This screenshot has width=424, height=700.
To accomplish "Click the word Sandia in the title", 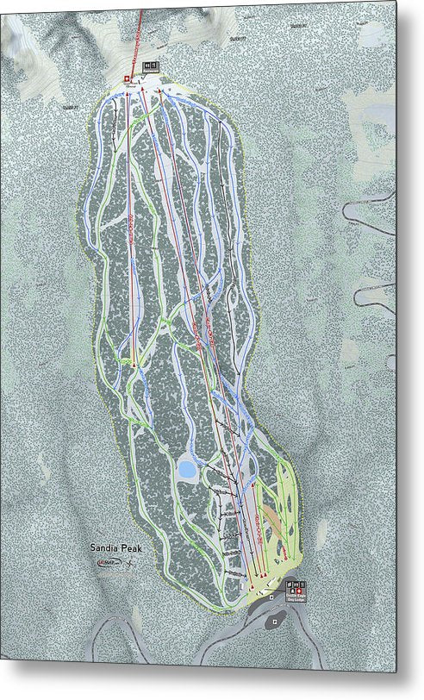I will pos(103,546).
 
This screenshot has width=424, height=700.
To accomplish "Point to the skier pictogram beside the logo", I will pos(128,562).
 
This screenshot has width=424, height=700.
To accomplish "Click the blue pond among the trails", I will pos(186,470).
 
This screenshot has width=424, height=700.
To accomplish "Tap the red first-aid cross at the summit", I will pos(126,80).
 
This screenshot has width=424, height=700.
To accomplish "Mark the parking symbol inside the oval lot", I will pos(273,620).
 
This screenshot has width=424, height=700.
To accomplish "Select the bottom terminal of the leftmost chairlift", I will pos(135,367).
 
